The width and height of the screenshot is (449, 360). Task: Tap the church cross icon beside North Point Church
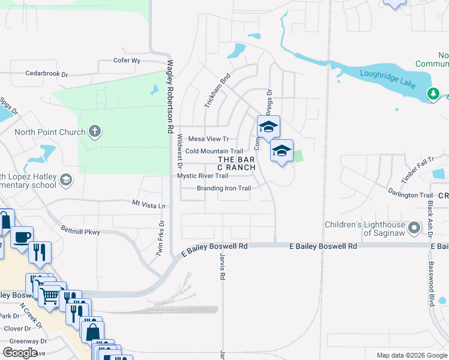tap(94, 130)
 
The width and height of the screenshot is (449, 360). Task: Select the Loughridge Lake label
tap(388, 74)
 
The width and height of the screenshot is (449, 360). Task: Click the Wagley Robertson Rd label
tap(170, 96)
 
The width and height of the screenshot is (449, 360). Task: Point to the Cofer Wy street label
tap(127, 61)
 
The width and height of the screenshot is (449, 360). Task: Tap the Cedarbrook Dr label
tap(47, 74)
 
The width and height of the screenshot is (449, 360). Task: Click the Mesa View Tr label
tap(209, 139)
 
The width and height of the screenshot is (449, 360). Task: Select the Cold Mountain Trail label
tap(214, 151)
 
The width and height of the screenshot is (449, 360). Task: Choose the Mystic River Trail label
tap(202, 176)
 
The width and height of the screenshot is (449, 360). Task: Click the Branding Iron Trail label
tap(224, 188)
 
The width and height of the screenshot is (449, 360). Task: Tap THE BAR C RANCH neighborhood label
tap(237, 163)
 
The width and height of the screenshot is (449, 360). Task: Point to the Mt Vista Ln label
tap(148, 205)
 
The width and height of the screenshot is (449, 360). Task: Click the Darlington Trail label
tap(410, 195)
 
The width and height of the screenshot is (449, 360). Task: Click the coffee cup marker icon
tap(21, 237)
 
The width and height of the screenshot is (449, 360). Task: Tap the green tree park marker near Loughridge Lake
tap(432, 94)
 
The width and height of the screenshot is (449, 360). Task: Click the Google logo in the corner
tap(20, 352)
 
